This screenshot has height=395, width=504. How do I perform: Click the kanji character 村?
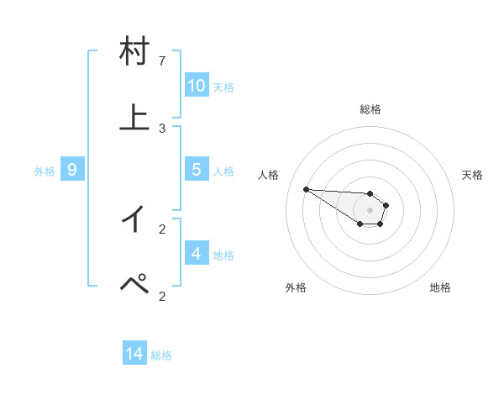click(x=135, y=52)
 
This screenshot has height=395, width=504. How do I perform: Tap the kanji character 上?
click(x=135, y=118)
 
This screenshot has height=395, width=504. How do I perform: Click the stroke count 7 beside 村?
click(x=162, y=61)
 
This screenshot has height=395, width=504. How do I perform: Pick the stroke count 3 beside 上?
click(x=162, y=128)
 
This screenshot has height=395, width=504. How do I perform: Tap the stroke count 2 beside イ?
click(x=162, y=228)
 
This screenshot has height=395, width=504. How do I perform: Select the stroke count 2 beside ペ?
click(x=162, y=295)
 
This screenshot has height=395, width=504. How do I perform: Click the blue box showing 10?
click(x=197, y=86)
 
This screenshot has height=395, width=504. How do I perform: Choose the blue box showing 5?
click(x=197, y=170)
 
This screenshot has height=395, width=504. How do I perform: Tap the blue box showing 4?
click(x=197, y=253)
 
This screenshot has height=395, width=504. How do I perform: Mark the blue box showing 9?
click(x=72, y=170)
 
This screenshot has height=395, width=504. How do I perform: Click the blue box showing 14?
click(x=134, y=355)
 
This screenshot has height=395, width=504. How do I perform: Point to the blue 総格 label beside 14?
click(x=161, y=355)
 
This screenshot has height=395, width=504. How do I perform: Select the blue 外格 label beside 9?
click(x=45, y=171)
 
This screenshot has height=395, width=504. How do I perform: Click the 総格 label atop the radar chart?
click(x=370, y=109)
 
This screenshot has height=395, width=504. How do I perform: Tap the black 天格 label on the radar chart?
click(x=472, y=175)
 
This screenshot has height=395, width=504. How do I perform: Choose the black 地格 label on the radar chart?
click(x=440, y=287)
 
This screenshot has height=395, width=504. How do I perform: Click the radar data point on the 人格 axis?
click(x=307, y=189)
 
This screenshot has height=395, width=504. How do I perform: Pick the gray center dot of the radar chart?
click(x=370, y=209)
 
